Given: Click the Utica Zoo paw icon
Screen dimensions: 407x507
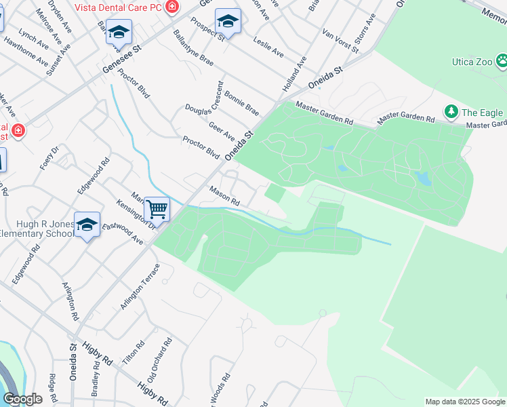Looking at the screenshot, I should [x=502, y=62].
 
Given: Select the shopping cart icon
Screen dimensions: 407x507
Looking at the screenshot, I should [x=157, y=209].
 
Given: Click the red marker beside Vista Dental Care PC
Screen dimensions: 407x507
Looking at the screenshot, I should [x=172, y=6].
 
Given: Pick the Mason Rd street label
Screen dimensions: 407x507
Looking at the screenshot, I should [x=224, y=197].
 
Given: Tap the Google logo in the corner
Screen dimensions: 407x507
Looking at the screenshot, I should [x=23, y=399].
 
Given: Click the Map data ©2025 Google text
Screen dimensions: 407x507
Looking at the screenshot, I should [x=464, y=402].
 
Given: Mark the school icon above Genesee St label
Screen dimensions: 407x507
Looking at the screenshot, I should [x=119, y=32].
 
